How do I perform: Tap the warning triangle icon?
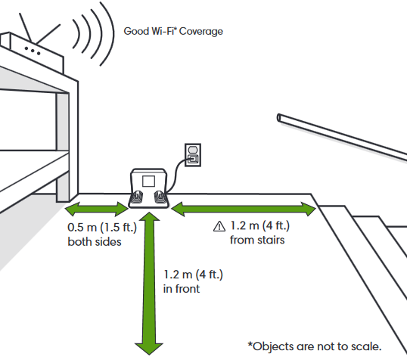pos(219,225)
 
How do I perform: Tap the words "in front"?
pos(182,288)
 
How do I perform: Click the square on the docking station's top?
pos(148,181)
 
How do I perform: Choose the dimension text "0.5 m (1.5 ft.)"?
pos(96,228)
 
